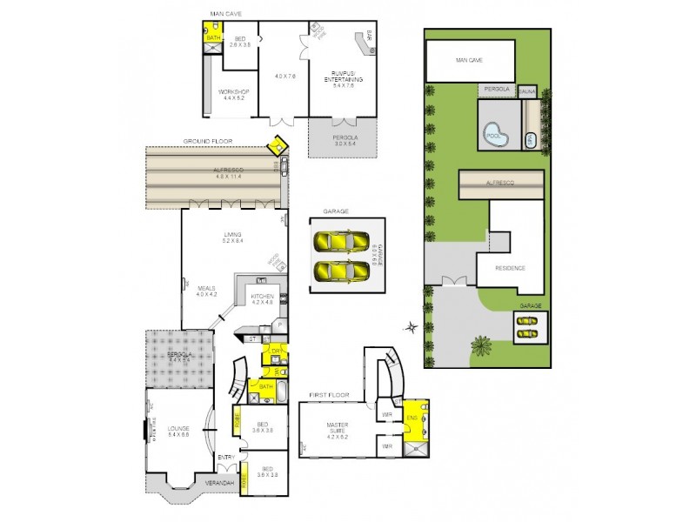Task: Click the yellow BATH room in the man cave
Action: pyautogui.click(x=212, y=37)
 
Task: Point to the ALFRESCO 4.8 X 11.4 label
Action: pyautogui.click(x=215, y=173)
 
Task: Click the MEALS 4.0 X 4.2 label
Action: pyautogui.click(x=206, y=291)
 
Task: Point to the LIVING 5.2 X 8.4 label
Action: pyautogui.click(x=232, y=238)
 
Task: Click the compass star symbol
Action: pyautogui.click(x=411, y=328)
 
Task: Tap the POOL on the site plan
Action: pyautogui.click(x=495, y=136)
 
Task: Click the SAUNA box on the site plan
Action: pyautogui.click(x=527, y=91)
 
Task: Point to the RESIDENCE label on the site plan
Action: pyautogui.click(x=512, y=267)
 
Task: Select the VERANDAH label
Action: pyautogui.click(x=219, y=483)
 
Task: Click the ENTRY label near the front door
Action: pyautogui.click(x=226, y=458)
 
